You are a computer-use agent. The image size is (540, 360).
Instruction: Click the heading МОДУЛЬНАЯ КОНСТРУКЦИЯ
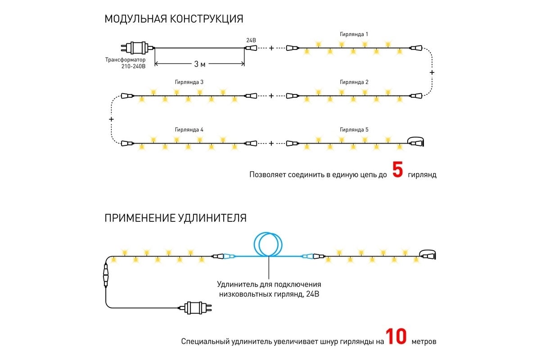pos(174,19)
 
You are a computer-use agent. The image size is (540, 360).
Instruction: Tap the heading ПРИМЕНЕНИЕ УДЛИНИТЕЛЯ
pos(175,218)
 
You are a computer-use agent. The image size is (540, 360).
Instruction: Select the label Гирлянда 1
pos(354,34)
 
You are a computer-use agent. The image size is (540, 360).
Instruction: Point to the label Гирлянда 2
pos(354,82)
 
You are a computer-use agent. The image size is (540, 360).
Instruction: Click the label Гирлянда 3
pos(189,82)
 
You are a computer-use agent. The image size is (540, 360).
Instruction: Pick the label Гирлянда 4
pos(189,130)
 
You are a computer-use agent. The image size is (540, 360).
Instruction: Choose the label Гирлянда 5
pos(354,130)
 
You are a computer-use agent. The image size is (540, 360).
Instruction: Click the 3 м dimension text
pos(200,64)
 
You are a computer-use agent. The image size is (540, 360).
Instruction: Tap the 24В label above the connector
pos(251,40)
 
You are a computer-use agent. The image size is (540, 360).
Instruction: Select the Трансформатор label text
pos(126,59)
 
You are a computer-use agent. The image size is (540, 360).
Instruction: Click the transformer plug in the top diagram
pos(137,48)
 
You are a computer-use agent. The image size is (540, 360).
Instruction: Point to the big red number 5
pos(397,170)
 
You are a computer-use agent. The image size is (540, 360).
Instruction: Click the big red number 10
pos(396,336)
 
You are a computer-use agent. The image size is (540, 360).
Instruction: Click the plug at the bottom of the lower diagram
pos(195,308)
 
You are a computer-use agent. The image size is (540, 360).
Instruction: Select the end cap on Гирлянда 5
pos(416,141)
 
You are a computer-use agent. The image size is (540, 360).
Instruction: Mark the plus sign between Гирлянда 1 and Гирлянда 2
pos(432,72)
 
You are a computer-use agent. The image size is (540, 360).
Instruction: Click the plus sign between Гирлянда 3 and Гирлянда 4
pos(111,119)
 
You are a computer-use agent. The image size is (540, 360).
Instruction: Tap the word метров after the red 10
pos(424,342)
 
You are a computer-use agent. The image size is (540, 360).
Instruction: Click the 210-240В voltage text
pos(133,66)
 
